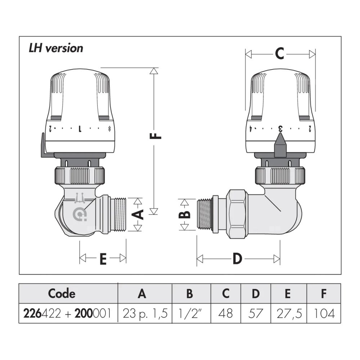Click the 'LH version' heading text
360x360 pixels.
click(x=56, y=48)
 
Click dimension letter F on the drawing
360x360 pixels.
click(x=155, y=137)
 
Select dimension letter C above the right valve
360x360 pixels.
click(x=279, y=54)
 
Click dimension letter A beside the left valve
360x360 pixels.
click(x=138, y=215)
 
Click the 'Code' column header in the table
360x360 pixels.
click(x=62, y=293)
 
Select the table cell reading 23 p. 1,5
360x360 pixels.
click(x=145, y=313)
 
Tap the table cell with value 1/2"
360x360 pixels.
click(x=189, y=313)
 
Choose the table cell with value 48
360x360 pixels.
click(x=225, y=313)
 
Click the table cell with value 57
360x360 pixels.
click(x=255, y=313)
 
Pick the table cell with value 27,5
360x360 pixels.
click(x=288, y=313)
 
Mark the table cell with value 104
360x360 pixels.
click(x=324, y=313)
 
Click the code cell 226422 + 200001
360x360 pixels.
click(x=68, y=313)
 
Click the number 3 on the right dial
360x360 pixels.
click(x=280, y=128)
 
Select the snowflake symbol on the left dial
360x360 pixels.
click(x=109, y=128)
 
